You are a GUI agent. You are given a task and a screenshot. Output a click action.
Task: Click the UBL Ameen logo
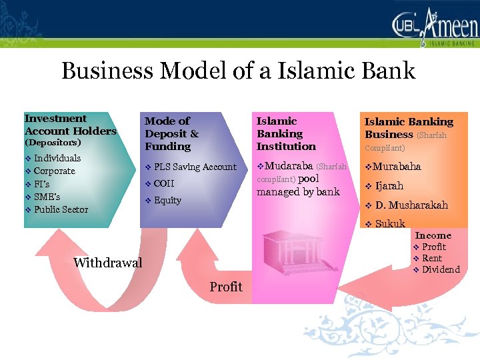[435, 29]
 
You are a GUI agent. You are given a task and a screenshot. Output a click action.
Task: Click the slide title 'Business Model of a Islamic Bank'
[238, 71]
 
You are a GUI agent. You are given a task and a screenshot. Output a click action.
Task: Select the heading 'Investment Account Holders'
[70, 125]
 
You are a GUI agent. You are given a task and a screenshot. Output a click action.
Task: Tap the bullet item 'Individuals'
[57, 158]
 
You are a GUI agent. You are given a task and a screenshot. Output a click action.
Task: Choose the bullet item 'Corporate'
[54, 171]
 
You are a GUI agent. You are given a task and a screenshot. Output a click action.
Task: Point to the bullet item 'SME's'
[47, 197]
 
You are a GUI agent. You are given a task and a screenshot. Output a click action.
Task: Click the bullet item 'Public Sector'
[61, 209]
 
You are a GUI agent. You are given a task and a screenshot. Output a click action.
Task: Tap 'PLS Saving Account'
[195, 167]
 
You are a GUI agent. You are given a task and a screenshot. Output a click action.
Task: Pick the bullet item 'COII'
[163, 183]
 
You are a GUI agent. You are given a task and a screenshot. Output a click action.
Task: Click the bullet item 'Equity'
[167, 200]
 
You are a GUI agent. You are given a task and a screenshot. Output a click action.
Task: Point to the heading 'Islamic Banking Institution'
[286, 133]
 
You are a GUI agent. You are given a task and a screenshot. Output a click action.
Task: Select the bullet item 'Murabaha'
[397, 167]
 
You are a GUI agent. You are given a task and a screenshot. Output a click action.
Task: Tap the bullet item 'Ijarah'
[389, 186]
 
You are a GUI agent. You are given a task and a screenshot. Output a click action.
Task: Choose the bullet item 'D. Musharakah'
[411, 205]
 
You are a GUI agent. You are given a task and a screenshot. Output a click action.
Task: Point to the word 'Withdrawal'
[108, 263]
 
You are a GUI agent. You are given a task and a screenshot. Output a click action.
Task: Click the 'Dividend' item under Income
[441, 269]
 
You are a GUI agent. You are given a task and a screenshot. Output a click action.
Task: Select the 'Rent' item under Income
[432, 258]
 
